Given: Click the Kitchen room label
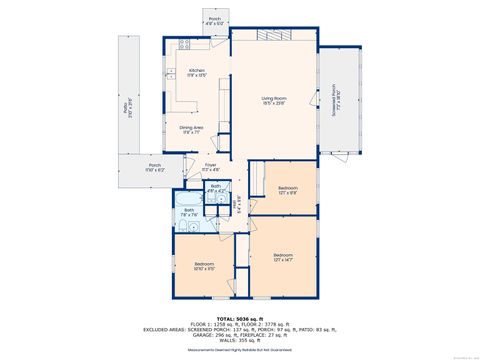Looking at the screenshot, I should (x=196, y=72).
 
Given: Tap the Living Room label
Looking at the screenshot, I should (x=274, y=99).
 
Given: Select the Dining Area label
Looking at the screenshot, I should (x=192, y=129).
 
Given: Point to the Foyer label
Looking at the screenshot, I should (x=210, y=167).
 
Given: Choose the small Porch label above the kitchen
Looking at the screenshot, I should (x=214, y=22).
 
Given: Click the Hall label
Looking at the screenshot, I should (x=236, y=207).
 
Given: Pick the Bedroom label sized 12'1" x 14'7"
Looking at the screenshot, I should (x=283, y=259).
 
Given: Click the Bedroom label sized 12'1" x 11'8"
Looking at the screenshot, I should (x=288, y=190).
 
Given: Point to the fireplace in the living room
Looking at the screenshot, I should (x=274, y=36).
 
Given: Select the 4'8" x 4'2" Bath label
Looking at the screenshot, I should (x=215, y=188).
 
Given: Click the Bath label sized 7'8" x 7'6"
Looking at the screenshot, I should (x=189, y=211).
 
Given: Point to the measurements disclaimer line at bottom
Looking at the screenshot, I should (x=240, y=349).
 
